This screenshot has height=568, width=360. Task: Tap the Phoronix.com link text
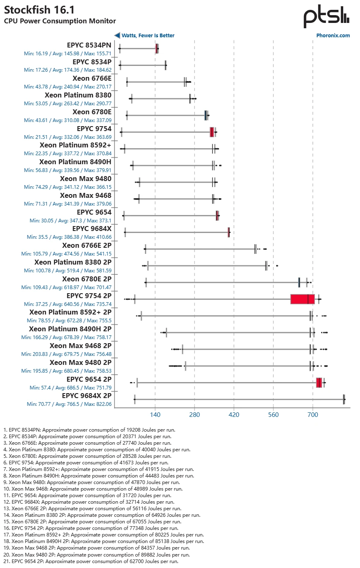pos(333,36)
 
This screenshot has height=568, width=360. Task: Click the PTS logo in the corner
pos(326,16)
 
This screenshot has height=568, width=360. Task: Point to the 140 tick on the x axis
pos(155,415)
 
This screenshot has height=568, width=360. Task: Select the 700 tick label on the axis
pos(313,415)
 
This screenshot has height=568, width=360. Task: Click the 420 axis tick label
pos(234,415)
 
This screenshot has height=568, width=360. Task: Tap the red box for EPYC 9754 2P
pos(302,299)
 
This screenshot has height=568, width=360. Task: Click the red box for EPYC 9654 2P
pos(319,382)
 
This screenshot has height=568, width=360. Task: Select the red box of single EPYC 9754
pos(212,132)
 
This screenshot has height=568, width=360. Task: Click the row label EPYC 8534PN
pos(89,45)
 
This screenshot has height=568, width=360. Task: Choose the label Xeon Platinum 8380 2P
pos(73,262)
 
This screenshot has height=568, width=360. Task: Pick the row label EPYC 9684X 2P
pos(86,396)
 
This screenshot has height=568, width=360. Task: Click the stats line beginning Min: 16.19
pos(68,53)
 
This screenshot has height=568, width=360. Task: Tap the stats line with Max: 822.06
pos(69,404)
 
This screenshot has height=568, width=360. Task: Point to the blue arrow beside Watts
pos(117,36)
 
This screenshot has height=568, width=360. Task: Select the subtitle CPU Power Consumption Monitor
pos(60,21)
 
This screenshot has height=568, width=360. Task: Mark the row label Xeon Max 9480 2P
pos(80,362)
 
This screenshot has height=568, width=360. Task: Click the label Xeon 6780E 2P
pos(87,279)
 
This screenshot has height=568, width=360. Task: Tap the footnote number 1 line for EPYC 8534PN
pos(89,430)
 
